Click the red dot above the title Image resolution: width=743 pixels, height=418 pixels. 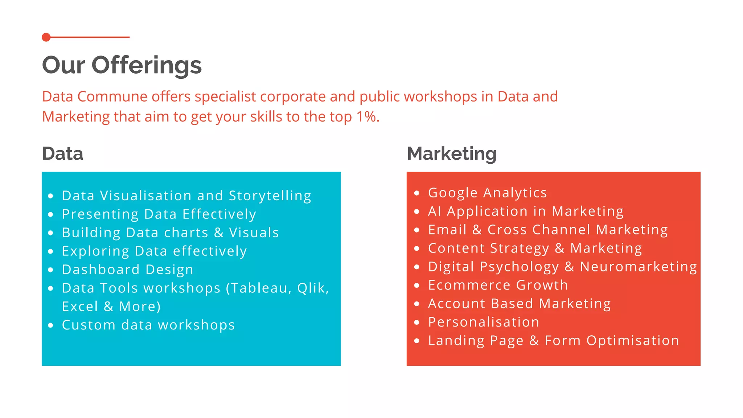(46, 37)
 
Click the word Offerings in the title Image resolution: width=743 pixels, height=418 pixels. (146, 65)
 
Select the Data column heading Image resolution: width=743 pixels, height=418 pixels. (62, 153)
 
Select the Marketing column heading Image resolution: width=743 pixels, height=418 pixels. (452, 153)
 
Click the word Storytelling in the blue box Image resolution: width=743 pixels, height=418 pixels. (270, 196)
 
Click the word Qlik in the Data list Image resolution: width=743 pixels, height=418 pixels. (312, 288)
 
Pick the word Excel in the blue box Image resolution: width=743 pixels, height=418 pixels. (80, 307)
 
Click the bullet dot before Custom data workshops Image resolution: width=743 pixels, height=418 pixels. (51, 325)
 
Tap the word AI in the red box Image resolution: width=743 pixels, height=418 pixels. (434, 211)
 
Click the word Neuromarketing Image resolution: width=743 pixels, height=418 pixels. (638, 267)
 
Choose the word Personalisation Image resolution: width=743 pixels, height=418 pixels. (484, 322)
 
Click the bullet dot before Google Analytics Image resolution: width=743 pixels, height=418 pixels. (417, 193)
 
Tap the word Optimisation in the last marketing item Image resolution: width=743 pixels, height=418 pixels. (633, 341)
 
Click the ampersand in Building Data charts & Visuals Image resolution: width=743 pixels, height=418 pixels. (219, 233)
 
